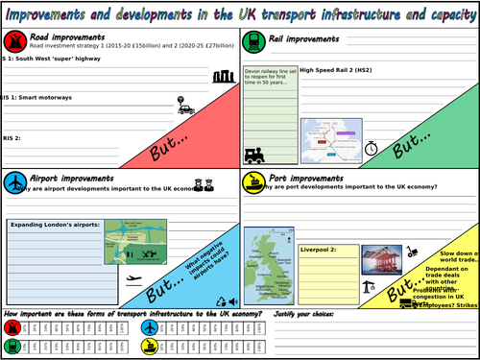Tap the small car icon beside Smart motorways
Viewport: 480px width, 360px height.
tap(186, 108)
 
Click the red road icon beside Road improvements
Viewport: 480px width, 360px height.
tap(14, 41)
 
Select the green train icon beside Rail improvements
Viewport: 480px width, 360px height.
tap(254, 40)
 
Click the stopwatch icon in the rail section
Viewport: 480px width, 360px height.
tap(371, 149)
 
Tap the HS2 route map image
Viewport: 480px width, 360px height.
tap(330, 140)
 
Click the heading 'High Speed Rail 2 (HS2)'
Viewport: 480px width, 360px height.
tap(337, 70)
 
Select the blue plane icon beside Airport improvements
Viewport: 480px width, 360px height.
tap(14, 182)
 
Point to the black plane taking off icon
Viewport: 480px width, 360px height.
tap(135, 282)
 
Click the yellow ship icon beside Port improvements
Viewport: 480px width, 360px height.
tap(254, 182)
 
